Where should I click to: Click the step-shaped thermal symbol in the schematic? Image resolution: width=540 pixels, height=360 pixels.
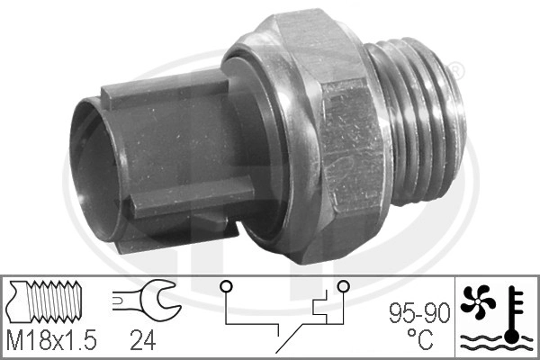pyautogui.click(x=319, y=311)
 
